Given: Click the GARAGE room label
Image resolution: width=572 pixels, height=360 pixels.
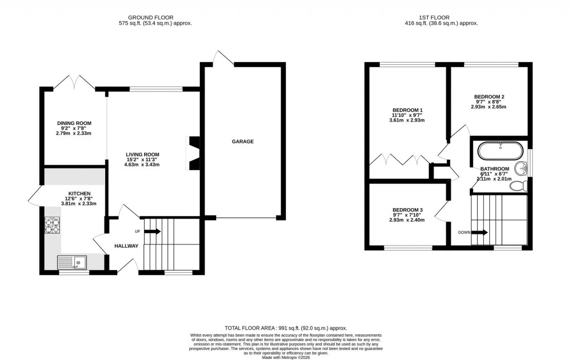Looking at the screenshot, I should point(243,142).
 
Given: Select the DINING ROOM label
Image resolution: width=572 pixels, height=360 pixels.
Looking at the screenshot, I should point(74,123).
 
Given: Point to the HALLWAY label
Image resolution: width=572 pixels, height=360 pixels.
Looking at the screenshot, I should point(126,246).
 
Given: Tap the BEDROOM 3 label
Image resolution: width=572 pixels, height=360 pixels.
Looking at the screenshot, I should point(407,210).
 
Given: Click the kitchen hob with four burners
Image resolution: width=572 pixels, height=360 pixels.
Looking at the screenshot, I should point(52,224).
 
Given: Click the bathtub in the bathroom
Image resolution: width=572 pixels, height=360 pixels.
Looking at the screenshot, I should point(500,150).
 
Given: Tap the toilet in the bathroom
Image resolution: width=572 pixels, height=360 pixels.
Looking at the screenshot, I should point(518,185).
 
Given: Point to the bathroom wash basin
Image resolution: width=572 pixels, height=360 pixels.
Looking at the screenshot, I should point(521,167).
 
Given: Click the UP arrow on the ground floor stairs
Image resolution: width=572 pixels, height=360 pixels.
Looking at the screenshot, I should point(153,231).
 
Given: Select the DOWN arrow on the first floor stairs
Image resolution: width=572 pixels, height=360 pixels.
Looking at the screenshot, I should point(480,232).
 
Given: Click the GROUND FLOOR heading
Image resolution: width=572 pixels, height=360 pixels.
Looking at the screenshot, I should point(155,17).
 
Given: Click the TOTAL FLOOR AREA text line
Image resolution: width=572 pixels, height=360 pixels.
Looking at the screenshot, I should point(285,328).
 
